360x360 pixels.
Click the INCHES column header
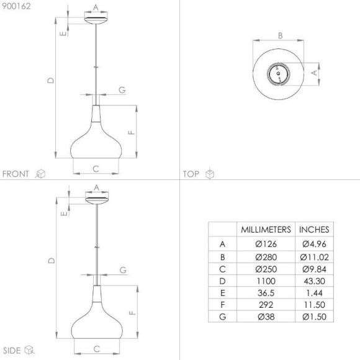(315, 229)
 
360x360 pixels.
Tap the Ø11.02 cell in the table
(315, 256)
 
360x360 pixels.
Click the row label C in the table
(222, 268)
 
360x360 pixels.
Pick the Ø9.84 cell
(315, 268)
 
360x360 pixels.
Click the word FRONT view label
(17, 174)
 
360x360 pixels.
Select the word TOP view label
(191, 174)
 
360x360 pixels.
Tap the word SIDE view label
(13, 351)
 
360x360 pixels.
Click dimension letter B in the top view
(280, 36)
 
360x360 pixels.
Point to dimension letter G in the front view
(122, 90)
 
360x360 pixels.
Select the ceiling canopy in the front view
(96, 20)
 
